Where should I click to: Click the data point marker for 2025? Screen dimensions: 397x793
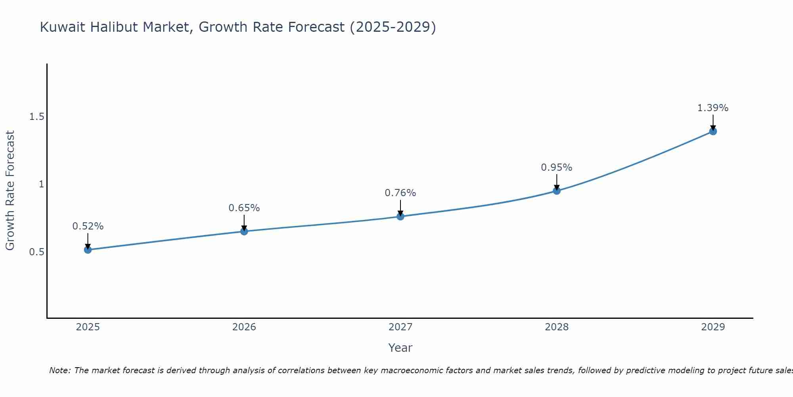pyautogui.click(x=88, y=250)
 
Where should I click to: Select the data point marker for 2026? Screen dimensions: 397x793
pyautogui.click(x=244, y=231)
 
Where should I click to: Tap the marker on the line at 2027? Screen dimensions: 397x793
pyautogui.click(x=400, y=216)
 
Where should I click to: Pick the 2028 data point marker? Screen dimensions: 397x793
pyautogui.click(x=557, y=191)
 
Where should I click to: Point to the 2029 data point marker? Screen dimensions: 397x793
pyautogui.click(x=713, y=131)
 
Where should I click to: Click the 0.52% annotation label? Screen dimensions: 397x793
pyautogui.click(x=88, y=226)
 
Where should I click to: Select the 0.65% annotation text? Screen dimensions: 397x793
pyautogui.click(x=244, y=208)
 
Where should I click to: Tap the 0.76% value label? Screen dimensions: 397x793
pyautogui.click(x=400, y=193)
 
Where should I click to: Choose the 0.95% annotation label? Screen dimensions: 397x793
pyautogui.click(x=557, y=168)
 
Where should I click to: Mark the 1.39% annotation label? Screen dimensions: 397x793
pyautogui.click(x=713, y=108)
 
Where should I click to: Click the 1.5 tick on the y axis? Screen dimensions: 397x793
pyautogui.click(x=36, y=117)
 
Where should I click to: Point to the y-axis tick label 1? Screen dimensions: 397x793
pyautogui.click(x=41, y=184)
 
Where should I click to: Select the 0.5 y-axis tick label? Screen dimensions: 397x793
pyautogui.click(x=36, y=252)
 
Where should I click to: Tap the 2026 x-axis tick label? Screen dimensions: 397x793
pyautogui.click(x=244, y=327)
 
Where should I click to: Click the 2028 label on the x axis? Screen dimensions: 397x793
pyautogui.click(x=557, y=327)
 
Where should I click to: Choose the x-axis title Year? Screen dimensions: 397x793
pyautogui.click(x=400, y=348)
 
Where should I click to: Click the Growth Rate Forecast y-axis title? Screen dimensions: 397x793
pyautogui.click(x=10, y=191)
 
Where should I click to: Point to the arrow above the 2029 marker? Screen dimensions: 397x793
pyautogui.click(x=713, y=122)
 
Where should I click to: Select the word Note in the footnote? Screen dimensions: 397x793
pyautogui.click(x=59, y=370)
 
